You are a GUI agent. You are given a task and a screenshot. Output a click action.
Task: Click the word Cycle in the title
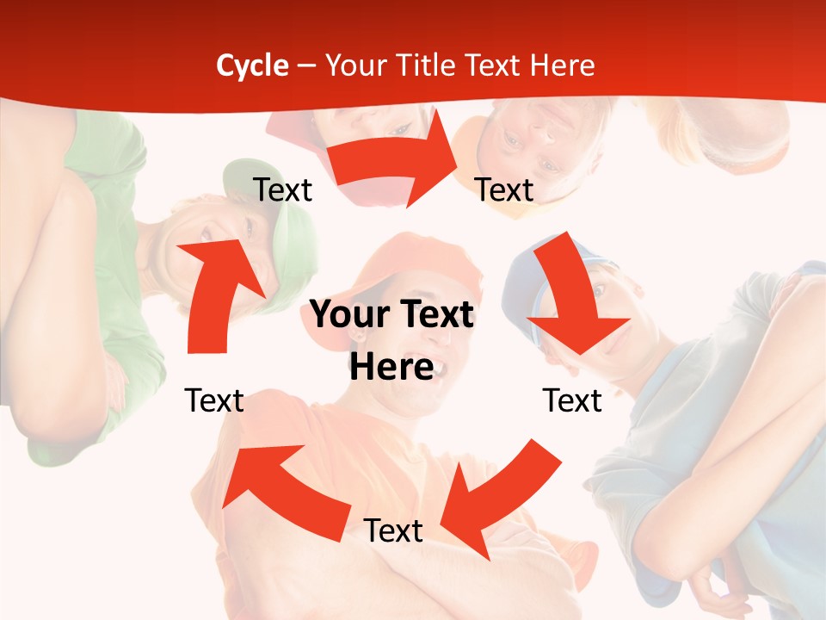(x=252, y=65)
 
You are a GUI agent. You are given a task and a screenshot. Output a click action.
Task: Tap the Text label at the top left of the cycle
(x=282, y=189)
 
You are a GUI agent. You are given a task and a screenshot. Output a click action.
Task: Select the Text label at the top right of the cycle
(x=504, y=189)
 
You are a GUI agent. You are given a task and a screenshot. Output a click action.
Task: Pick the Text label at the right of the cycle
(x=572, y=400)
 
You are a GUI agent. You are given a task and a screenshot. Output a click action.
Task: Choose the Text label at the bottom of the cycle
(x=393, y=530)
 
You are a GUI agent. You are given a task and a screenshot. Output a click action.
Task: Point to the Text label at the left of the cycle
(x=214, y=400)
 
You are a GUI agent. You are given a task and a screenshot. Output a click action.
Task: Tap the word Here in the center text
(x=391, y=368)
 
